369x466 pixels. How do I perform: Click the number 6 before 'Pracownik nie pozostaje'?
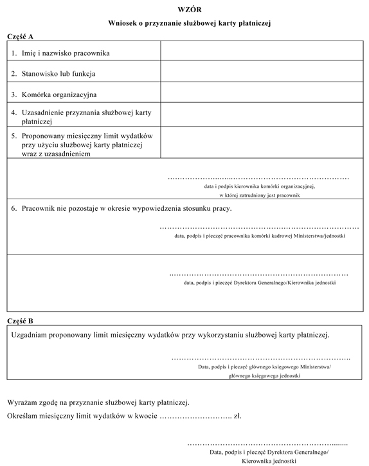click(x=14, y=209)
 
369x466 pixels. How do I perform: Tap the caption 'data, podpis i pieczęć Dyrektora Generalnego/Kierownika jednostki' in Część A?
click(x=260, y=282)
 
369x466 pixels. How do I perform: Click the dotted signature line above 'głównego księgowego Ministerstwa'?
click(x=260, y=357)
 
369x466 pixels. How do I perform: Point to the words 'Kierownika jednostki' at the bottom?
click(x=269, y=461)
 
